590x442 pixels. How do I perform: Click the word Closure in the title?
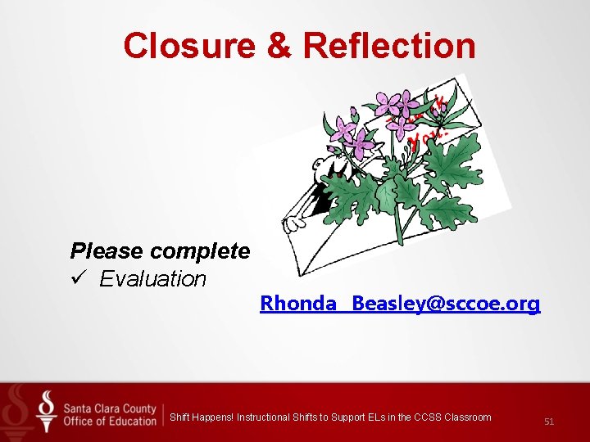coord(189,46)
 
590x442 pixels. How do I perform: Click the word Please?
coord(102,251)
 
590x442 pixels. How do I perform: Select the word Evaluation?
coord(153,279)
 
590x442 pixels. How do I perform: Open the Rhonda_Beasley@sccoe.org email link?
coord(400,304)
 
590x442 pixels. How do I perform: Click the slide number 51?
coord(549,422)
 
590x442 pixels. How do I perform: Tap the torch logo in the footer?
coord(47,411)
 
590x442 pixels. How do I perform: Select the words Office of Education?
coord(109,422)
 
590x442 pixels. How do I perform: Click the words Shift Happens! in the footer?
coord(202,417)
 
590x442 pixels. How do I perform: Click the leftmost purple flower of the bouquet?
coord(341,129)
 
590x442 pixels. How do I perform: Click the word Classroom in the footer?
coord(468,417)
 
